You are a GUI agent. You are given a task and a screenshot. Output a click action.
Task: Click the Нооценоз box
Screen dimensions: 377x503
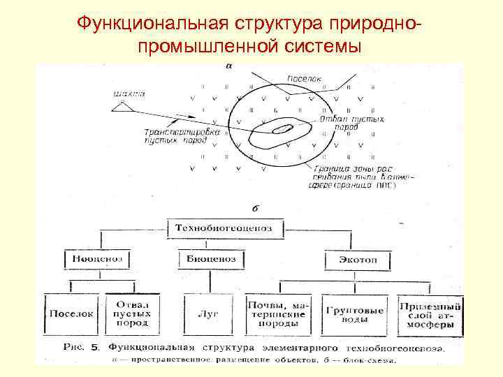point(97,258)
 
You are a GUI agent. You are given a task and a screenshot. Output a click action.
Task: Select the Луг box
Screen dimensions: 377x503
point(210,314)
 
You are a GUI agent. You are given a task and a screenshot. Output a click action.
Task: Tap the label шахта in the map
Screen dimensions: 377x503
point(124,91)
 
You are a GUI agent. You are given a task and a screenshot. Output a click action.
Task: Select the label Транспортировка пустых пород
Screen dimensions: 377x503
point(175,135)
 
